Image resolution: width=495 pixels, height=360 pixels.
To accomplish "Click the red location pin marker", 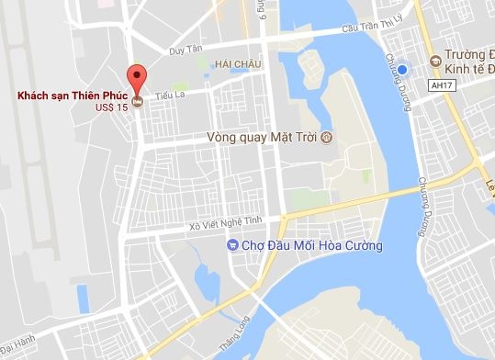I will tap(137, 77).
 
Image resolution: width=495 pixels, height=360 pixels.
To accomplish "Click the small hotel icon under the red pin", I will tap(137, 101).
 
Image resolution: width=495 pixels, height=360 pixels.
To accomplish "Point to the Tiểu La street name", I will tap(170, 95).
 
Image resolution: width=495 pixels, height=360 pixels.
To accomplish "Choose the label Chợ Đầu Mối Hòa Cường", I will tap(312, 246).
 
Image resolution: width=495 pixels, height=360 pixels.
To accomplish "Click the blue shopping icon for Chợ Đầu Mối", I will tap(231, 246).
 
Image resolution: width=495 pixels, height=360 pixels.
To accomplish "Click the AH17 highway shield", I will tap(442, 84).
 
